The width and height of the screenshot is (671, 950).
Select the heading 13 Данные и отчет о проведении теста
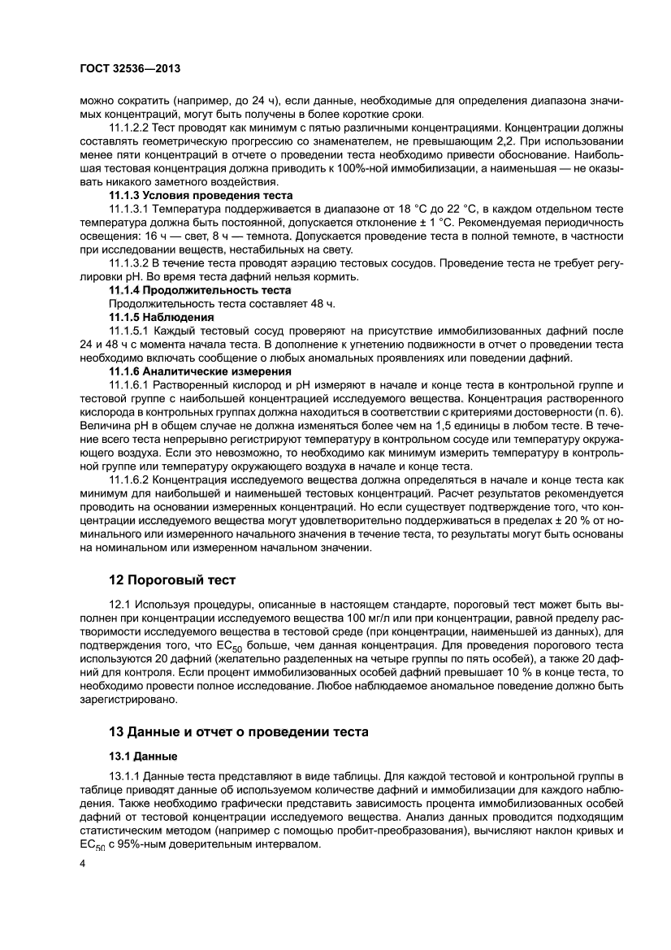pos(239,731)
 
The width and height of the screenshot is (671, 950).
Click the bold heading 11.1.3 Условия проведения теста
pos(201,197)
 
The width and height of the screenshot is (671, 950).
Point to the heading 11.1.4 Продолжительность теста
pos(200,290)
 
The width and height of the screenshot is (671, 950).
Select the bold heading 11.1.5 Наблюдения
pos(161,316)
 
